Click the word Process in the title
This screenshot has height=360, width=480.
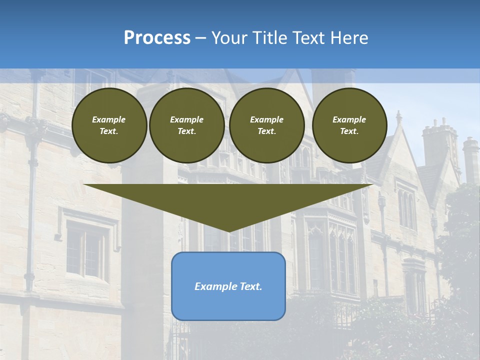(157, 38)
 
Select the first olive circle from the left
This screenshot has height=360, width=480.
(109, 125)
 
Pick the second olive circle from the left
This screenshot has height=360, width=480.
(186, 125)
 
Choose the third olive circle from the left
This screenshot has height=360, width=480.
(266, 125)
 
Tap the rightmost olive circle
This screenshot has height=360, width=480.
(349, 125)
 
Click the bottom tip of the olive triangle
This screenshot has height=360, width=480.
(228, 231)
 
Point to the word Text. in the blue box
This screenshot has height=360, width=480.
(251, 286)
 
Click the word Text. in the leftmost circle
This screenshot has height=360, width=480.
(109, 131)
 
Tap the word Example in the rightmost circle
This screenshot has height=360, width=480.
(349, 119)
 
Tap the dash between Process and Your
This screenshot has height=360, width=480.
(201, 38)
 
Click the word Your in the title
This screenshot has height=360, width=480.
(228, 38)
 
